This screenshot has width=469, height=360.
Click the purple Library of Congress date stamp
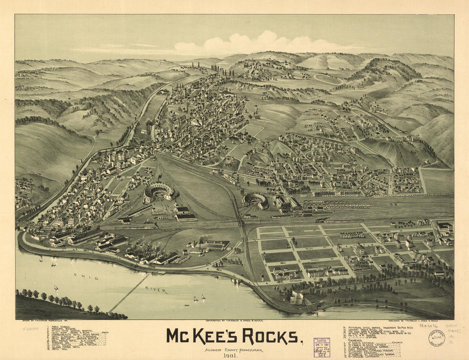322,344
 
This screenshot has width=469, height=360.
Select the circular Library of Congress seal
436,338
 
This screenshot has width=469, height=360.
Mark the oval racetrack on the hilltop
328,79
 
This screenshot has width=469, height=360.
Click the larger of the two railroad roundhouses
159,192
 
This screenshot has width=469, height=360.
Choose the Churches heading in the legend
353,340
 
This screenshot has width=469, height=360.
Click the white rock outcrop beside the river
298,297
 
